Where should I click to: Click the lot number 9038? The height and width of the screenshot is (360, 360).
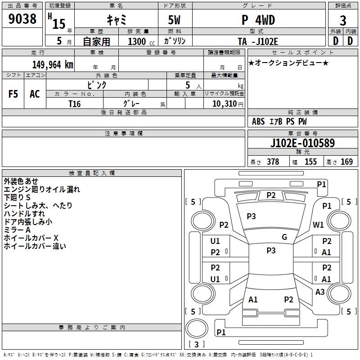pyautogui.click(x=22, y=19)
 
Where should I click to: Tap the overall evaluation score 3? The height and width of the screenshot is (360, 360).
pyautogui.click(x=343, y=20)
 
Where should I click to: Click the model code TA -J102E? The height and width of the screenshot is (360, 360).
pyautogui.click(x=258, y=41)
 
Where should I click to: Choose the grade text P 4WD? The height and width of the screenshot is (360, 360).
pyautogui.click(x=258, y=20)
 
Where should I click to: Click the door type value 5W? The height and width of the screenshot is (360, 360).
pyautogui.click(x=175, y=20)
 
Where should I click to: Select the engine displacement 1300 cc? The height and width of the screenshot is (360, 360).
pyautogui.click(x=138, y=41)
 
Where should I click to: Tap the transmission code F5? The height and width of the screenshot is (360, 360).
pyautogui.click(x=13, y=94)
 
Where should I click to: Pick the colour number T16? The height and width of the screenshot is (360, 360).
pyautogui.click(x=74, y=103)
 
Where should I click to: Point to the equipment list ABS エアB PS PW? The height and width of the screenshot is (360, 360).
pyautogui.click(x=280, y=121)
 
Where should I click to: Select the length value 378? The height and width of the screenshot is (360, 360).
pyautogui.click(x=273, y=162)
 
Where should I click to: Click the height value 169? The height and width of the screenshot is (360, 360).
pyautogui.click(x=346, y=162)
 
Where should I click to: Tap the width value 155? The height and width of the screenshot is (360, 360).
pyautogui.click(x=310, y=162)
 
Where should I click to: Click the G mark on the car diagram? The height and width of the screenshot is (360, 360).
pyautogui.click(x=284, y=237)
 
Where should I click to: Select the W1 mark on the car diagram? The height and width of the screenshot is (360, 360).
pyautogui.click(x=319, y=225)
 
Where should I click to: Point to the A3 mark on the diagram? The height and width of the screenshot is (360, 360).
pyautogui.click(x=320, y=292)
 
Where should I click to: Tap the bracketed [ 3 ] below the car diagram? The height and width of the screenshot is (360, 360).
pyautogui.click(x=196, y=344)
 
